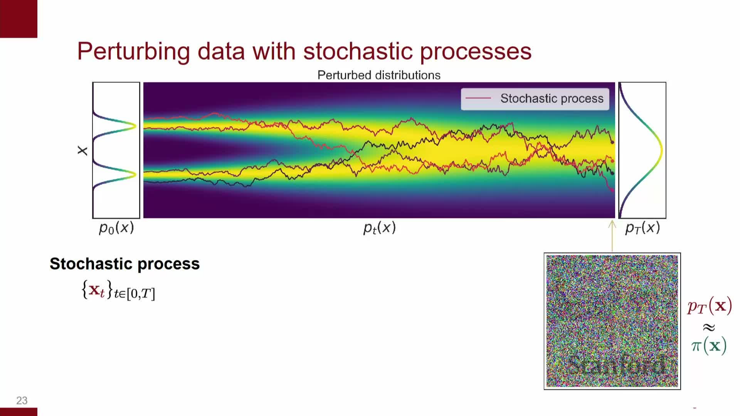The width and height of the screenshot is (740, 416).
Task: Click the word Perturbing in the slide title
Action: (134, 51)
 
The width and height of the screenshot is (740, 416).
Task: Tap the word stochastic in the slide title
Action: (358, 51)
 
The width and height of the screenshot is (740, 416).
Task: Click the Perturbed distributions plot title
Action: (379, 75)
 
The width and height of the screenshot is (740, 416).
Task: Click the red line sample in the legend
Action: (478, 99)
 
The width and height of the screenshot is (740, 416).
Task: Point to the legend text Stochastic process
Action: (552, 99)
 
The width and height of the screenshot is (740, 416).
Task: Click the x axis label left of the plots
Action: (82, 151)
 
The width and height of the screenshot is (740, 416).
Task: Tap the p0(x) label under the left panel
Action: (116, 228)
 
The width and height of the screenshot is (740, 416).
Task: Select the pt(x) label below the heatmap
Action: (380, 228)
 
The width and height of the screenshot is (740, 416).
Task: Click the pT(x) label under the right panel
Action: (642, 228)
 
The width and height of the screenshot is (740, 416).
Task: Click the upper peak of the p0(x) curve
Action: (135, 126)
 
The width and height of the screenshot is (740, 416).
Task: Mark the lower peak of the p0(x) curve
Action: (135, 175)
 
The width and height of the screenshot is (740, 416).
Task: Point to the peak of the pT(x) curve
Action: (661, 150)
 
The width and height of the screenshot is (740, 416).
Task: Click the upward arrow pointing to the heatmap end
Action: (612, 236)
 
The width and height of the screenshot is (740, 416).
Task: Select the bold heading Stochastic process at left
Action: (125, 264)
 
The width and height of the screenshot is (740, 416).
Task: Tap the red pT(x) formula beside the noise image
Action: (710, 307)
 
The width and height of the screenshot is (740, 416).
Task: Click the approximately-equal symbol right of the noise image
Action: (709, 327)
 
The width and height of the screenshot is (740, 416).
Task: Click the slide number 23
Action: (22, 401)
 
